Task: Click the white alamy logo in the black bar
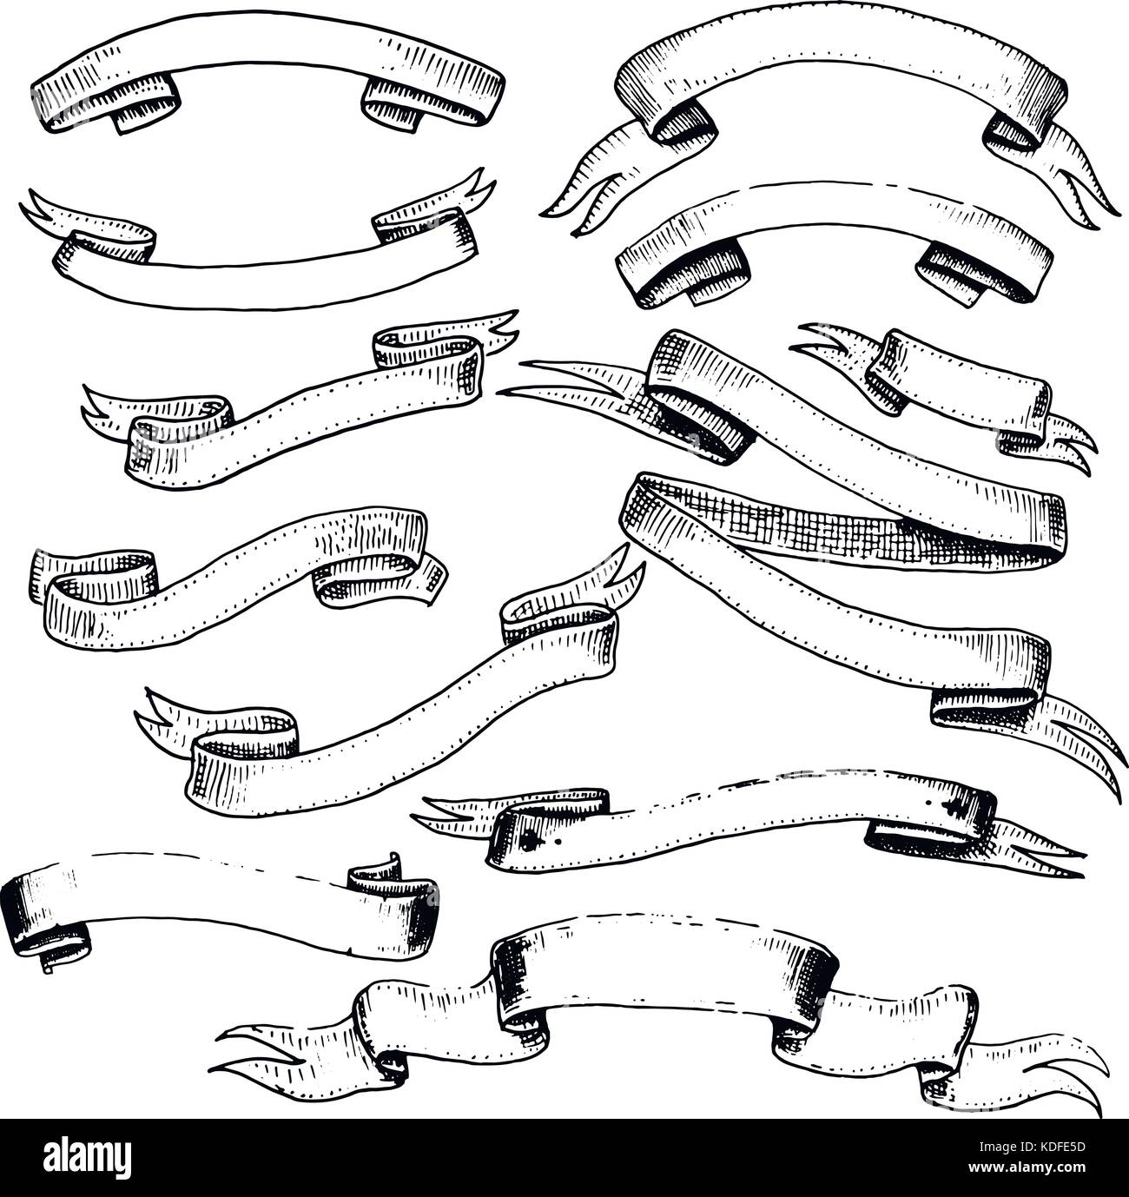point(87,1156)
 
